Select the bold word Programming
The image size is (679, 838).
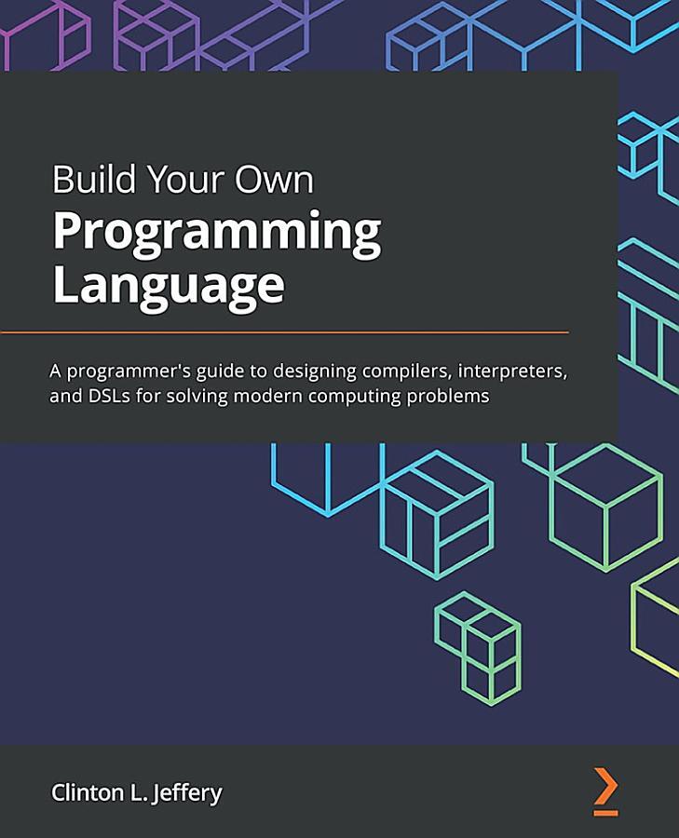(216, 233)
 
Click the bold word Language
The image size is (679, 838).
(168, 284)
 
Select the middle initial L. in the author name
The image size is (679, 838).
(136, 793)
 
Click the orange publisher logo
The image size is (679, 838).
(605, 792)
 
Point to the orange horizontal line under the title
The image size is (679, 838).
(284, 331)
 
